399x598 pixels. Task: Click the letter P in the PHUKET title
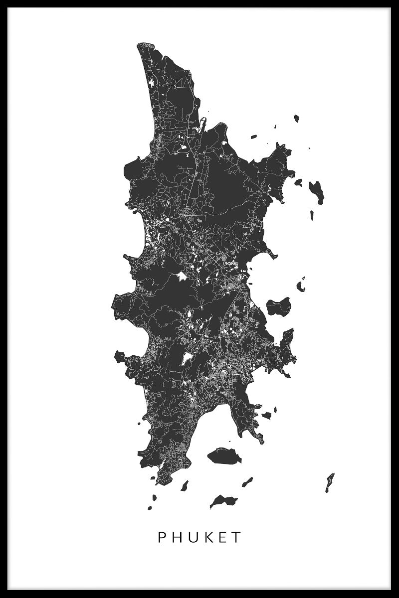pos(162,537)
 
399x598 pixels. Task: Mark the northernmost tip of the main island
pos(141,44)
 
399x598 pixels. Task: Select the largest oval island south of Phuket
pos(224,455)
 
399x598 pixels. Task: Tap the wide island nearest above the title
pos(223,500)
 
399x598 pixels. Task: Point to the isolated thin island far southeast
pos(330,482)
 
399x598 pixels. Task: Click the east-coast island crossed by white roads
pos(279,306)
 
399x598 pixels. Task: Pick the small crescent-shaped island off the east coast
pos(301,287)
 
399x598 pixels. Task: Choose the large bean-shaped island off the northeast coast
pos(317,192)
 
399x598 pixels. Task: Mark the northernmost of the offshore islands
pos(297,119)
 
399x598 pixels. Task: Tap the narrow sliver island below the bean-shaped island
pos(312,215)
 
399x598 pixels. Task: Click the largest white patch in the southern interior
pos(187,357)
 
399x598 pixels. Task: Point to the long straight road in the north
pos(193,184)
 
